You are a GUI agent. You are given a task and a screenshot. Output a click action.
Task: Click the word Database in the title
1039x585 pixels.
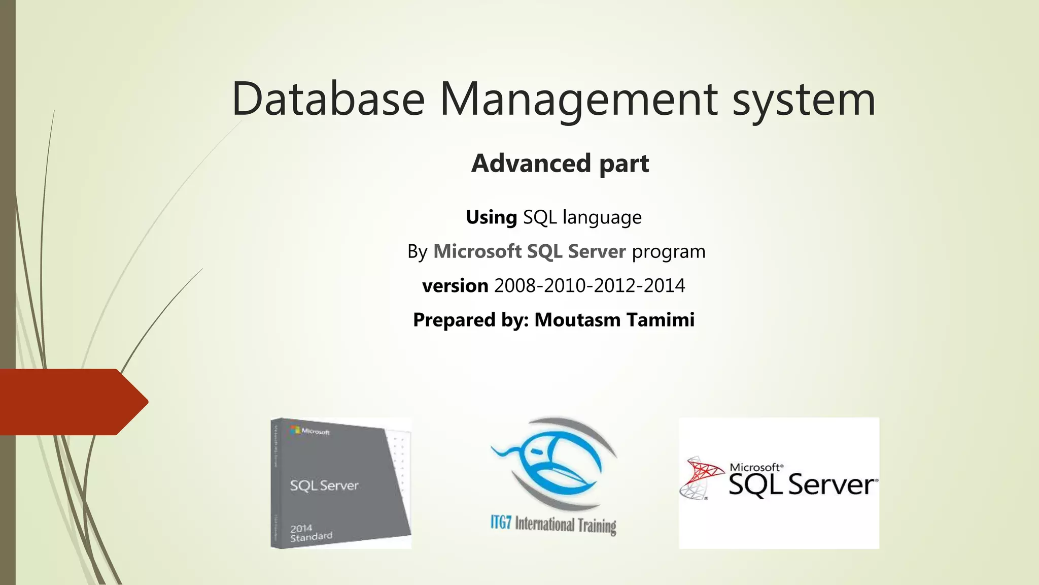328,99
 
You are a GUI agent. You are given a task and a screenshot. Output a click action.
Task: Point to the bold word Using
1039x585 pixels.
491,217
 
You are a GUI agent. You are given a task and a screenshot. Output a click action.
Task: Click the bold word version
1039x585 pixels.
455,286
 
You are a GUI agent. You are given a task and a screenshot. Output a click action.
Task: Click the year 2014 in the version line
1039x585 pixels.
665,286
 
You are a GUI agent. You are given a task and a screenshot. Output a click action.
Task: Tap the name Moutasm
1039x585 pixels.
577,320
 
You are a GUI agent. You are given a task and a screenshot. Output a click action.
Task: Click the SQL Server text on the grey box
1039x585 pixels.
324,485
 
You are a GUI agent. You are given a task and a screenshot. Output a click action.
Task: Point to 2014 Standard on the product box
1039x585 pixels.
311,533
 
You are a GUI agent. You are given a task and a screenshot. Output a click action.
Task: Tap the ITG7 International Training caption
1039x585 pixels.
553,524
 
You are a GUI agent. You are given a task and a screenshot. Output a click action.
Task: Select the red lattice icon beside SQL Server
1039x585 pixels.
701,477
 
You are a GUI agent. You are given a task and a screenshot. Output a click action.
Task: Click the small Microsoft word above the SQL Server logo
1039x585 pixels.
755,467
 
